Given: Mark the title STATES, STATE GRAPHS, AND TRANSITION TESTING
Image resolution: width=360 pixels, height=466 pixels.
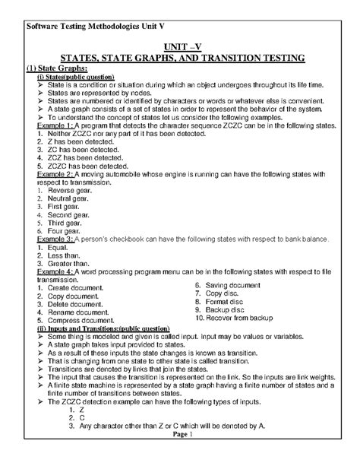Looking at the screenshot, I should click(x=180, y=58).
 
